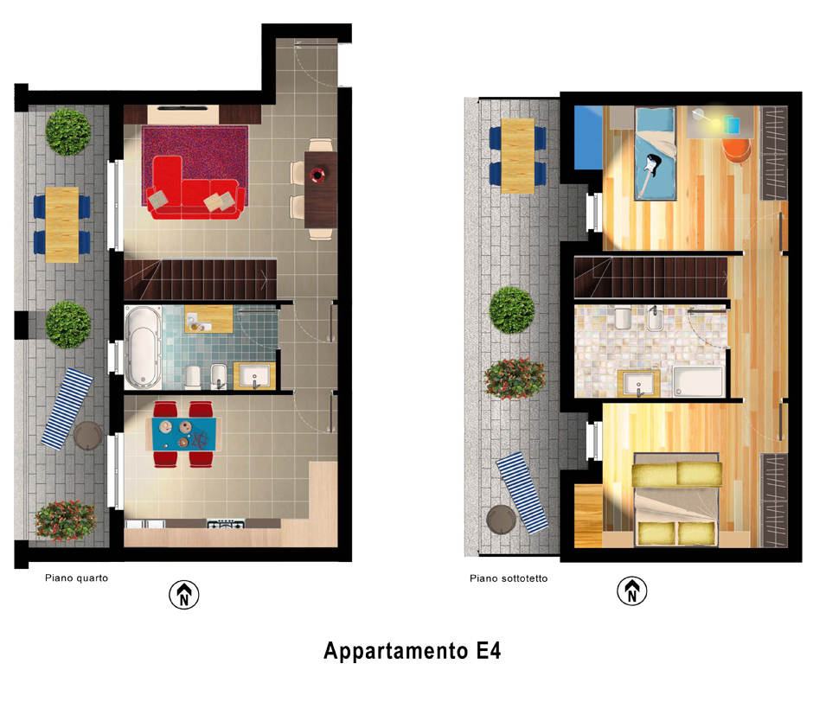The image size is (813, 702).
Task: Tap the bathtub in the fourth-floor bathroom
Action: click(144, 348)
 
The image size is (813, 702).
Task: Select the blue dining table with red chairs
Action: click(183, 435)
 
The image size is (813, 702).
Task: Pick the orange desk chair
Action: click(737, 150)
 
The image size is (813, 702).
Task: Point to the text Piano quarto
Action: click(77, 578)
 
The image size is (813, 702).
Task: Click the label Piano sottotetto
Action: click(509, 578)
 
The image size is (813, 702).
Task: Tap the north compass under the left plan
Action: click(184, 595)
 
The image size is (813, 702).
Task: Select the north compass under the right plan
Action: click(632, 591)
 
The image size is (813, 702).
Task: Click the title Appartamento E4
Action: click(413, 651)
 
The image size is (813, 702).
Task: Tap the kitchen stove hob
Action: click(226, 524)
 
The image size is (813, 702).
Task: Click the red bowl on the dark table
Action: click(317, 175)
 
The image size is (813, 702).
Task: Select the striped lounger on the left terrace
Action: click(67, 409)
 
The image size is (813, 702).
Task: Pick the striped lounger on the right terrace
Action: click(522, 493)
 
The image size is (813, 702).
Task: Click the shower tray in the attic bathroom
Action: click(698, 381)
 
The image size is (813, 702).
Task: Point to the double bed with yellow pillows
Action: click(676, 500)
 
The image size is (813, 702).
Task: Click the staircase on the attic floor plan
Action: click(650, 278)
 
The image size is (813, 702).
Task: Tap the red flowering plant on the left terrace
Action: click(66, 520)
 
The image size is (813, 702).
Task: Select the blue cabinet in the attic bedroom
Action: click(588, 137)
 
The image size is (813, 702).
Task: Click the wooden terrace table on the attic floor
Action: click(517, 156)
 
